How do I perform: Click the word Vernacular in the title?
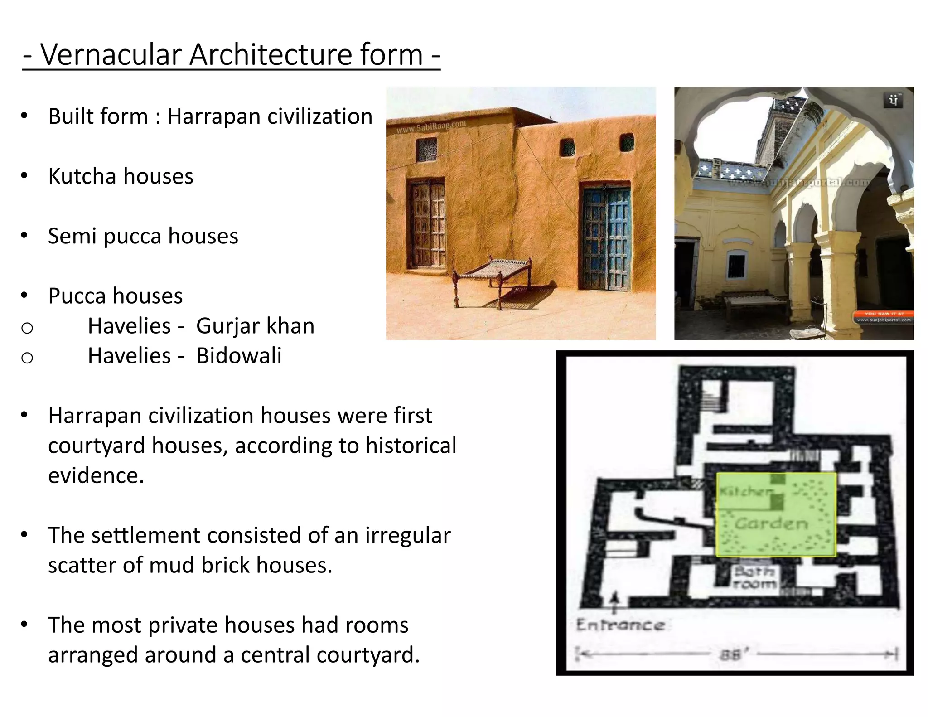(111, 55)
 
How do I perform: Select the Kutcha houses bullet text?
(121, 176)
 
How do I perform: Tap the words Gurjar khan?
(255, 326)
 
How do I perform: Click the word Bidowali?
(239, 356)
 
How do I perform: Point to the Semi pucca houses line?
(143, 236)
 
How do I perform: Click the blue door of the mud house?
(605, 238)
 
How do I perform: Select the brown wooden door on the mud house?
(427, 225)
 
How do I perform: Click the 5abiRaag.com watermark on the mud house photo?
(430, 127)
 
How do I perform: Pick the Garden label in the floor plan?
(771, 524)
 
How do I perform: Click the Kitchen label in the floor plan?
(745, 491)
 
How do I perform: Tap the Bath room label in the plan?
(754, 577)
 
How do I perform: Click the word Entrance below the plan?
(620, 625)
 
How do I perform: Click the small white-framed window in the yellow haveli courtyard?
(736, 265)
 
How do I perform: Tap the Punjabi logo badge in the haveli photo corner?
(893, 100)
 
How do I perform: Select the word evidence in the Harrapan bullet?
(96, 476)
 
